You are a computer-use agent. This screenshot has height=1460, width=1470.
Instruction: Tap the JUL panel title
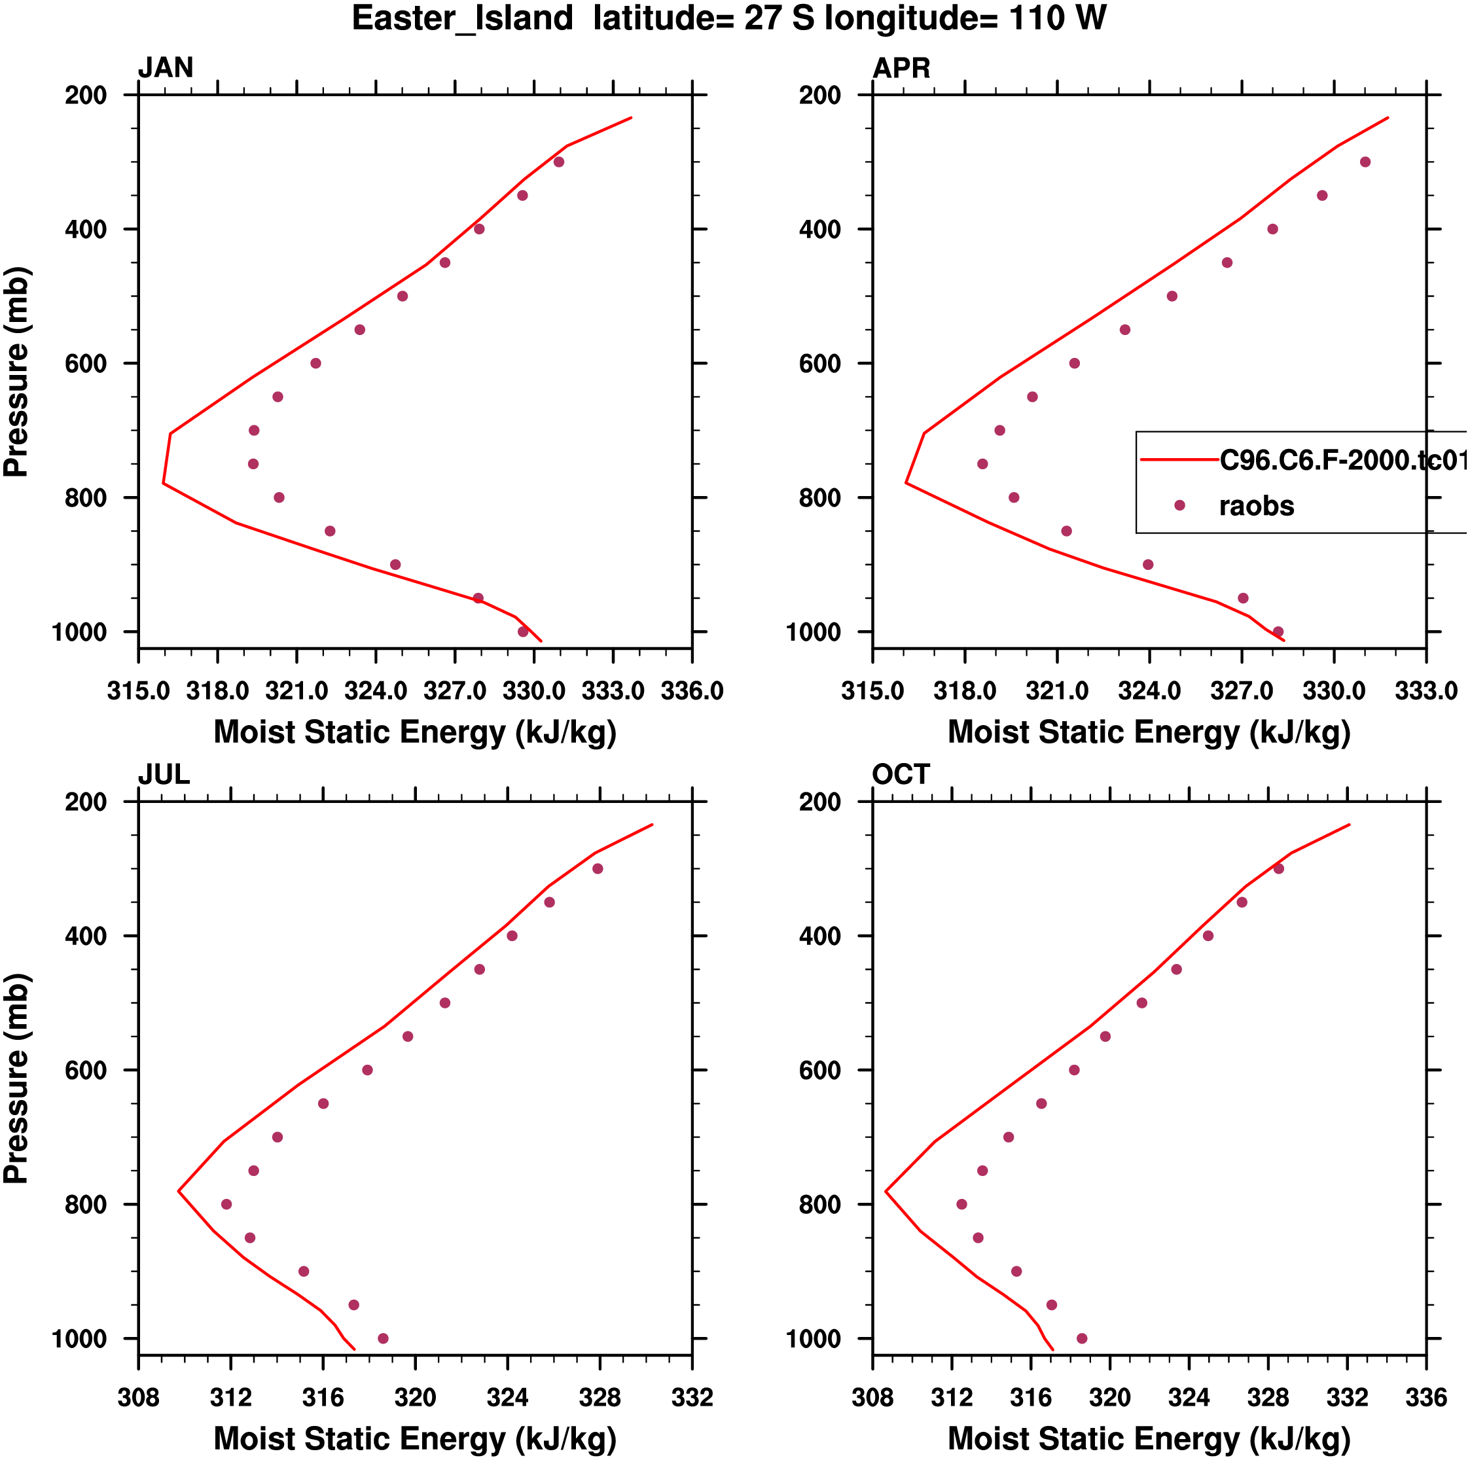pyautogui.click(x=164, y=775)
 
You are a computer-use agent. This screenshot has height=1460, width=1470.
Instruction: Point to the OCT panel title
pyautogui.click(x=901, y=775)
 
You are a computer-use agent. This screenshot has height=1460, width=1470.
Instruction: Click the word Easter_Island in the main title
pyautogui.click(x=462, y=18)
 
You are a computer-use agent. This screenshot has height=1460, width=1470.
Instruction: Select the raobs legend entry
pyautogui.click(x=1256, y=506)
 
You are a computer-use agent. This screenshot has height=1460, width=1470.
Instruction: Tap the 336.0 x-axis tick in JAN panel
pyautogui.click(x=692, y=691)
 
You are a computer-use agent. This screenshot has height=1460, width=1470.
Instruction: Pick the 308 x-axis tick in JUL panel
pyautogui.click(x=139, y=1398)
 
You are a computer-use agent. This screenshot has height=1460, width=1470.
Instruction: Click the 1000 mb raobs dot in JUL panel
pyautogui.click(x=383, y=1338)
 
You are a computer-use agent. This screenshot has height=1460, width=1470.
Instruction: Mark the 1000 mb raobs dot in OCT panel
pyautogui.click(x=1082, y=1338)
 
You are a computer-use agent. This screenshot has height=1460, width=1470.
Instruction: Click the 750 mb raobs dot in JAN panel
pyautogui.click(x=253, y=464)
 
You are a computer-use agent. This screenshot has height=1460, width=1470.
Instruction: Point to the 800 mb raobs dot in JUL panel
pyautogui.click(x=226, y=1204)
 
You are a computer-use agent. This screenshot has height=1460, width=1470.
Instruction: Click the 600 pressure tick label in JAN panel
pyautogui.click(x=86, y=364)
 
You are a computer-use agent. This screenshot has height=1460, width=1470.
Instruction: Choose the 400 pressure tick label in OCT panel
pyautogui.click(x=820, y=936)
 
